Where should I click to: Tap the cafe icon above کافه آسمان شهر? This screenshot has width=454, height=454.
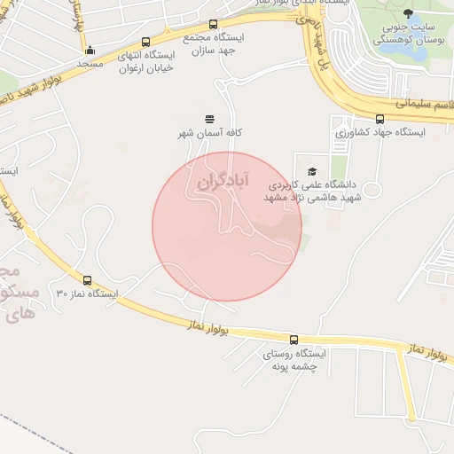(x=210, y=119)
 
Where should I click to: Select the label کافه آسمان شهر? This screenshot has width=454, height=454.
(x=210, y=132)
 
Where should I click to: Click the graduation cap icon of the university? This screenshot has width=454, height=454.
(x=311, y=171)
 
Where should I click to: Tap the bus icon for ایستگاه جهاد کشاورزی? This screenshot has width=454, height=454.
(x=380, y=119)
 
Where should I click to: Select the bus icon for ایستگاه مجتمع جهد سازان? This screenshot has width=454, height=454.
(x=213, y=25)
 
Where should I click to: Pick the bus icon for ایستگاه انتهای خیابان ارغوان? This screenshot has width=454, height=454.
(x=145, y=42)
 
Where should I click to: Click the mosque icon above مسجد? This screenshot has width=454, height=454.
(x=90, y=51)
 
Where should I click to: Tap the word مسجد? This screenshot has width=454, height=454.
(x=90, y=64)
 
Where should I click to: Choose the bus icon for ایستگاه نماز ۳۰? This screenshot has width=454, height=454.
(x=87, y=280)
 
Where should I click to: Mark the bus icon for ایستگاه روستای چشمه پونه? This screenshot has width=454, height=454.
(x=294, y=340)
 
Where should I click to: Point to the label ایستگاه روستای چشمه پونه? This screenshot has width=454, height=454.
(x=294, y=359)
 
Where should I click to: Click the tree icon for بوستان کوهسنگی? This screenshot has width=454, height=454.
(x=408, y=13)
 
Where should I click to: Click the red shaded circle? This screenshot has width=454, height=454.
(x=227, y=227)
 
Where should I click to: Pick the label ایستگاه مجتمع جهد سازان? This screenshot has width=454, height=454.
(x=214, y=44)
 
